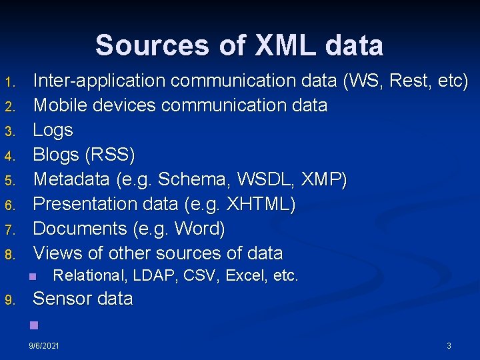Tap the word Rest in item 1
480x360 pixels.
coord(409,81)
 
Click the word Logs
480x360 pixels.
coord(53,130)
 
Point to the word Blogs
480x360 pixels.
coord(56,155)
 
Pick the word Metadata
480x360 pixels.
coord(71,179)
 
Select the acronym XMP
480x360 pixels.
coord(324,179)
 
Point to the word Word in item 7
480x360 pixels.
coord(199,229)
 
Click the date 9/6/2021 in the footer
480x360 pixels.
coord(44,346)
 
